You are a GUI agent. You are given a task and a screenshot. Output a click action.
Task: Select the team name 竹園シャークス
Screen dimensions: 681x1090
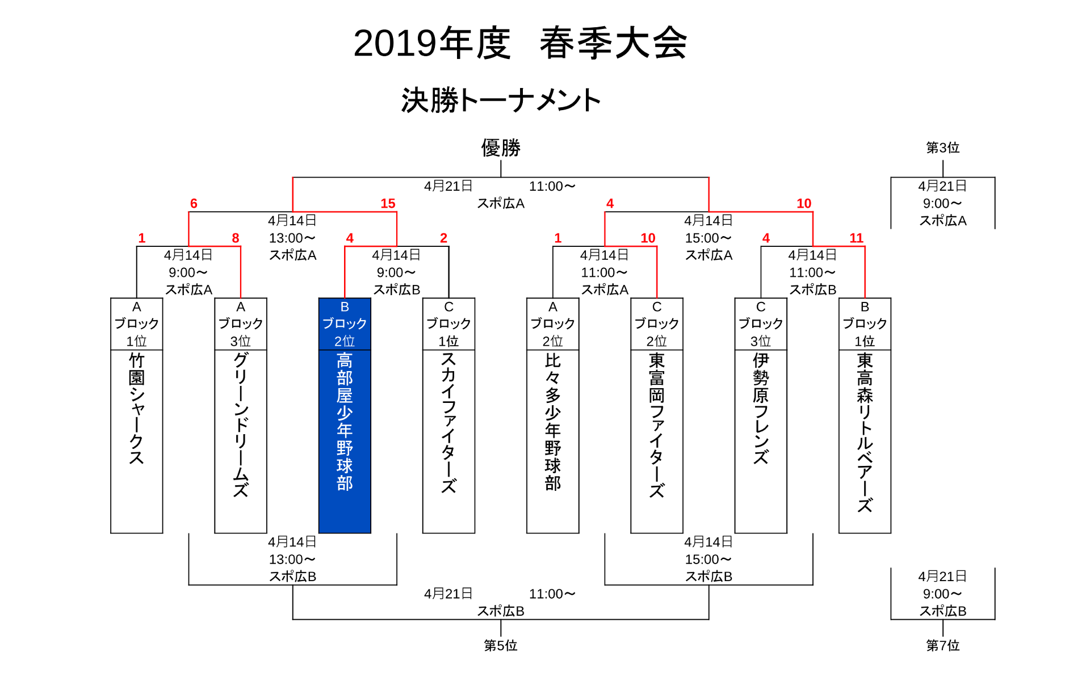(x=137, y=409)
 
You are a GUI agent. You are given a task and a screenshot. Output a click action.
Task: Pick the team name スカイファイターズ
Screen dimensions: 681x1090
(x=448, y=423)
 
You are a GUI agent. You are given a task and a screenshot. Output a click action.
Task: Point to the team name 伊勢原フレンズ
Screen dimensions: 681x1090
(x=761, y=409)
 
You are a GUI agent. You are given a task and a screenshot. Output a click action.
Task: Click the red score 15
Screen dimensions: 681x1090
(x=388, y=203)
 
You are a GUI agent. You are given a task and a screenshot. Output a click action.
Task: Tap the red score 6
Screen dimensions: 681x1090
(x=194, y=203)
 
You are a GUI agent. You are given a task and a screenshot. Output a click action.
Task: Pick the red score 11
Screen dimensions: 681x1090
(x=856, y=238)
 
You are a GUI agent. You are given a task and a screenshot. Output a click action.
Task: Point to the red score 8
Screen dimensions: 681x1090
(x=236, y=238)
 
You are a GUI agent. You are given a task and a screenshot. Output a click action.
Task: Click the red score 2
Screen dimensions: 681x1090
(x=443, y=238)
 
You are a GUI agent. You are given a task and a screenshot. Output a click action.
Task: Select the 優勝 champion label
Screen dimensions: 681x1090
(x=501, y=148)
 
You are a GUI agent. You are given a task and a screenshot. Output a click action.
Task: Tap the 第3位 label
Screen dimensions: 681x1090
(x=942, y=148)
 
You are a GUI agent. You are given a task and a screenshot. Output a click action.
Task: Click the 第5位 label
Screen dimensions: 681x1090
(x=500, y=645)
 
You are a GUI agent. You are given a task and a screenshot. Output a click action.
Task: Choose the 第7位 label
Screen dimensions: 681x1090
(x=942, y=645)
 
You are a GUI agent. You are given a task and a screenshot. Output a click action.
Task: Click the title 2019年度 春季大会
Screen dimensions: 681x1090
(x=519, y=43)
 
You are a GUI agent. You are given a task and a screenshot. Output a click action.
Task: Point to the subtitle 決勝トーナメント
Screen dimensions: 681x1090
(x=501, y=100)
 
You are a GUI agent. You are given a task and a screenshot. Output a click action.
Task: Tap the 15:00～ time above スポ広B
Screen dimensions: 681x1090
(x=708, y=559)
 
